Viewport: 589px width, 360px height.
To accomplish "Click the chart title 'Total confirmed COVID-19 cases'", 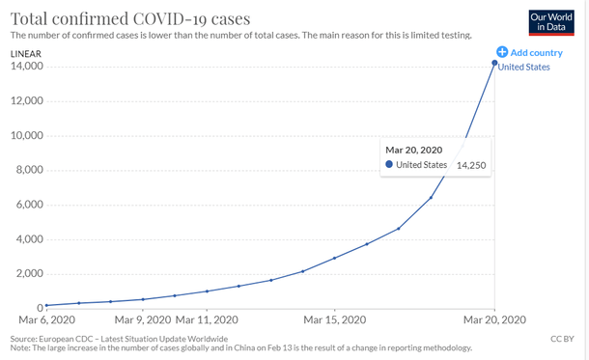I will (x=129, y=17).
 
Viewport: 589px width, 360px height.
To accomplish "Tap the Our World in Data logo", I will (x=552, y=22).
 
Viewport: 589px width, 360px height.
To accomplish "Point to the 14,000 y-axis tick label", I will (x=26, y=67).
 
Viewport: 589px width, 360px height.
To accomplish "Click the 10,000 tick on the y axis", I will (x=26, y=136).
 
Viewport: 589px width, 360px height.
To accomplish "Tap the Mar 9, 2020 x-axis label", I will (x=142, y=319).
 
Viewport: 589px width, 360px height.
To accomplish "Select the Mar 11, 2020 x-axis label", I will (x=206, y=319).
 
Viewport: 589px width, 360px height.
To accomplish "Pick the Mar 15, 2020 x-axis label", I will (x=334, y=319).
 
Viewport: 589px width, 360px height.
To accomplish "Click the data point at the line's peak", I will (x=495, y=63).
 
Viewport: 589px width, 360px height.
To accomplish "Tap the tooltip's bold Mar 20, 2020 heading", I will (x=413, y=149).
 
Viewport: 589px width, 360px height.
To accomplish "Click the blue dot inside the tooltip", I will (x=389, y=165).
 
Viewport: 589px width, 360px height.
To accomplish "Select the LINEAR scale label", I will (x=25, y=52).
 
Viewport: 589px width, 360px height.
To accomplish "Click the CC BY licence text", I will (x=562, y=339).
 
